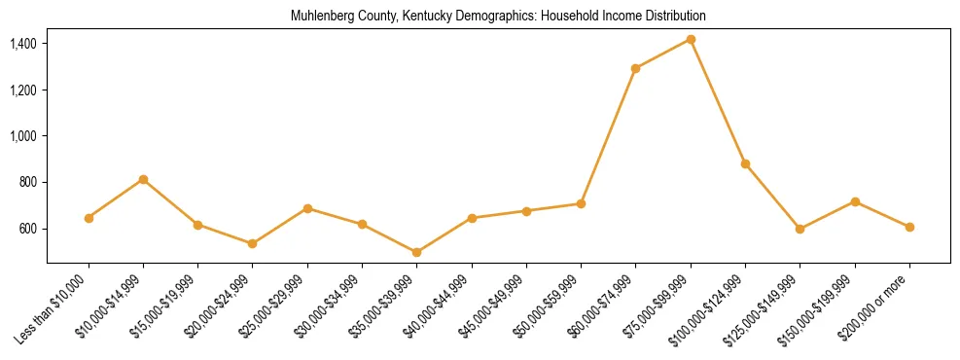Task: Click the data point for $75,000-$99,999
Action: [691, 39]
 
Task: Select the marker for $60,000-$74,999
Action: [635, 68]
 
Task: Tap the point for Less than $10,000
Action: [89, 218]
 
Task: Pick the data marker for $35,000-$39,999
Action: [416, 252]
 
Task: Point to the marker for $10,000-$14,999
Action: [143, 179]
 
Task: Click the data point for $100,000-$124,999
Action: [745, 163]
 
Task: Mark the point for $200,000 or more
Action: [909, 227]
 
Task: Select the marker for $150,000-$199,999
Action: [855, 201]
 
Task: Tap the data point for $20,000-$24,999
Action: [253, 243]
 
